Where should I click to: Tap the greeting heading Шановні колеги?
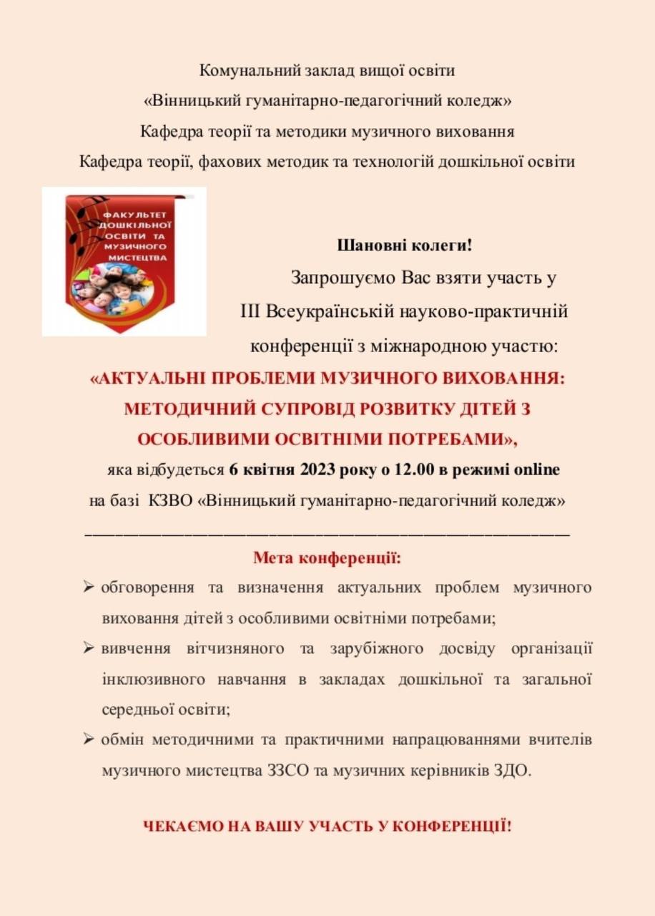coord(405,245)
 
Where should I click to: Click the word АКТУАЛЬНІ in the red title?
coord(161,379)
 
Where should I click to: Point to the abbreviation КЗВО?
coord(172,501)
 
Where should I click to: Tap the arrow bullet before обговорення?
coord(89,588)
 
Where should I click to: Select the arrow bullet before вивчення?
coord(89,649)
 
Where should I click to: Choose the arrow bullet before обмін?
coord(89,739)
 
